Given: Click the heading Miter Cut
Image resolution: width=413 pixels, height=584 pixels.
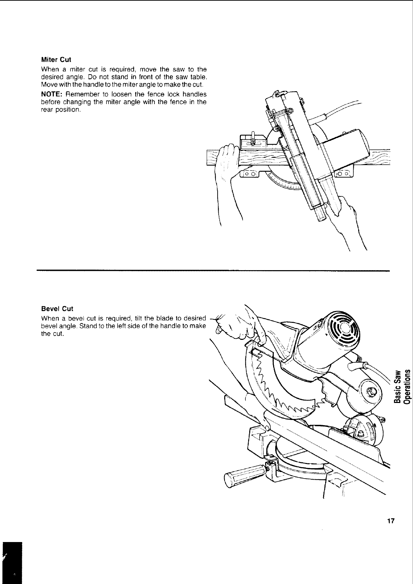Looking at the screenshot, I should coord(56,60).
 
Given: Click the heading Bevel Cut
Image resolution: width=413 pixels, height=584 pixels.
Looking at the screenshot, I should coord(57,309).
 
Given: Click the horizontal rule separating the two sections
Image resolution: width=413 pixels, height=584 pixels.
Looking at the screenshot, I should coord(213,270).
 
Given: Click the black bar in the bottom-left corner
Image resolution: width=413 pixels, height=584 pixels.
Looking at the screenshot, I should coord(12,562).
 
